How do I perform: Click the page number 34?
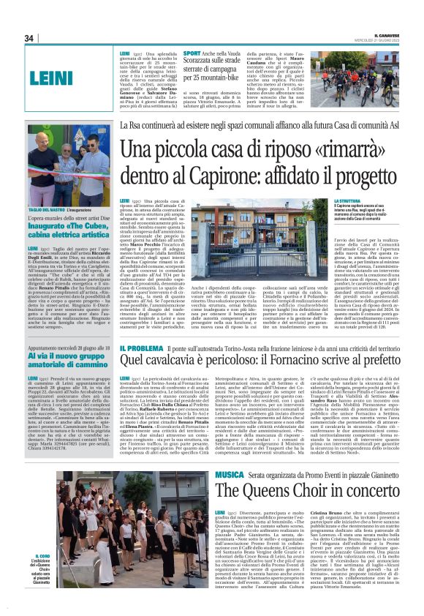coord(29,38)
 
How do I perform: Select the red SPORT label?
coord(192,53)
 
